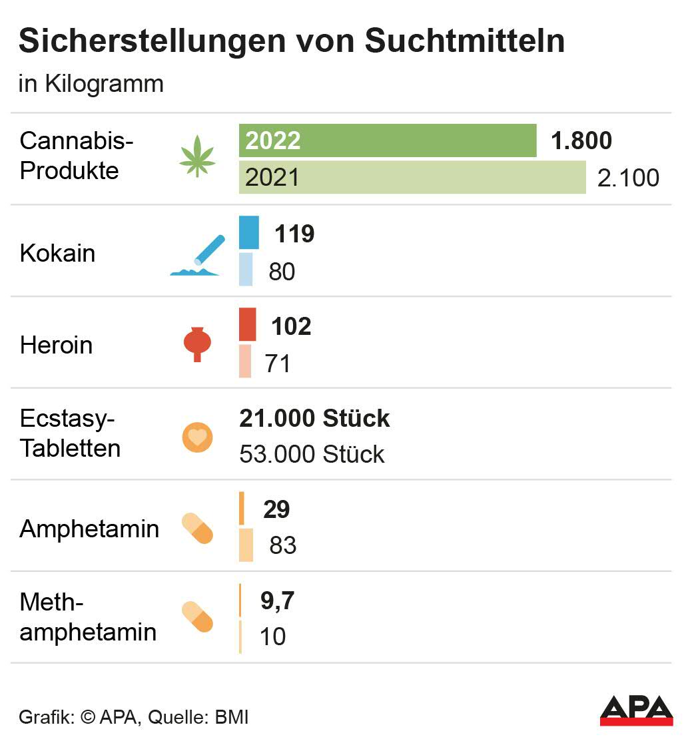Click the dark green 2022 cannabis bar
(388, 140)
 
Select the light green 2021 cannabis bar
(412, 177)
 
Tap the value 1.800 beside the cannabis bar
(581, 141)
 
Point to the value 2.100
(628, 178)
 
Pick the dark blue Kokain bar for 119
(249, 233)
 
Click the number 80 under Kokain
(282, 272)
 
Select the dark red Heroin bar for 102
(247, 325)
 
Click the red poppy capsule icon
(197, 344)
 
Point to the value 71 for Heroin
(278, 364)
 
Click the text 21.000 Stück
(314, 419)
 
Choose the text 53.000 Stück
(312, 454)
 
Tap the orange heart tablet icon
(198, 437)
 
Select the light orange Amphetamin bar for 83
(246, 545)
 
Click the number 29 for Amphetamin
(276, 509)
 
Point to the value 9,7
(277, 601)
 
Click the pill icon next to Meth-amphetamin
(198, 617)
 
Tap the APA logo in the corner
(636, 710)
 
